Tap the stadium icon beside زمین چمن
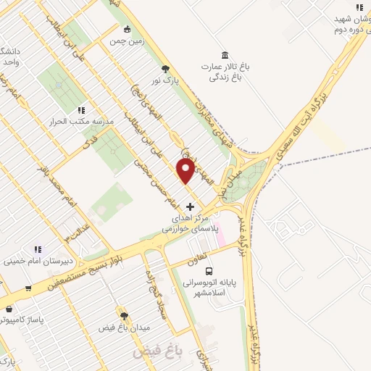click(x=128, y=30)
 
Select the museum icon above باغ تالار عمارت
click(x=225, y=56)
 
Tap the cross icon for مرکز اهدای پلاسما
click(x=191, y=207)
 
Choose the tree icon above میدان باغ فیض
click(x=125, y=315)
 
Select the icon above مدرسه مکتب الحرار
click(x=80, y=110)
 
